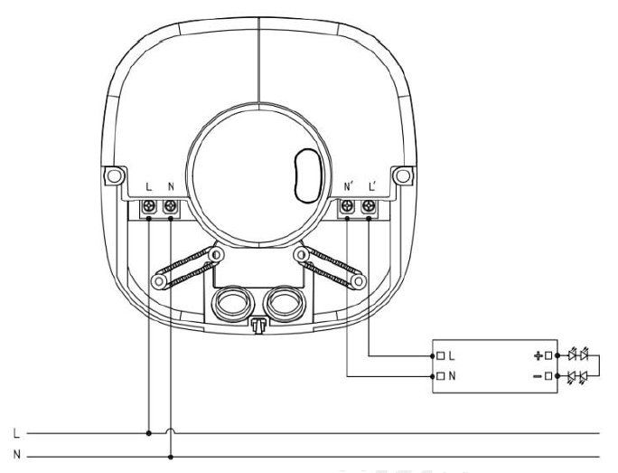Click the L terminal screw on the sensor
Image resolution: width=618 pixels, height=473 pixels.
[x=149, y=205]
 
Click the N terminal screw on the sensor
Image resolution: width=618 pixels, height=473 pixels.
[x=170, y=205]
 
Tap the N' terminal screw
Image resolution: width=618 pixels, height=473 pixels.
[x=347, y=205]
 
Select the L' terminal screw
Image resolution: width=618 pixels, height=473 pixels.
[x=369, y=205]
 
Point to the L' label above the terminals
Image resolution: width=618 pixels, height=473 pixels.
[x=372, y=186]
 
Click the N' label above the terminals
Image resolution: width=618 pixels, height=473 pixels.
[x=348, y=186]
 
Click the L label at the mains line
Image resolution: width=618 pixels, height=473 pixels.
[x=16, y=433]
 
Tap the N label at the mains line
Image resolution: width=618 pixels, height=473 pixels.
[x=16, y=454]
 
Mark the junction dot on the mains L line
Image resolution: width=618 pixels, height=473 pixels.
[x=148, y=433]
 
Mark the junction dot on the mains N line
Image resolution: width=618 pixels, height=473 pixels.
[x=170, y=458]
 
